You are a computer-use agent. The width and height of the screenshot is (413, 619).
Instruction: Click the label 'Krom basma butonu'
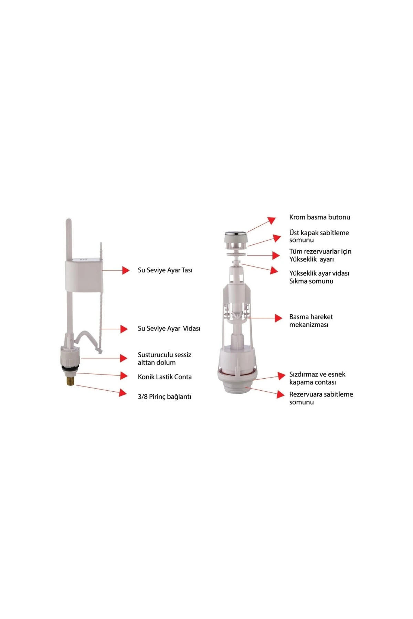[319, 217]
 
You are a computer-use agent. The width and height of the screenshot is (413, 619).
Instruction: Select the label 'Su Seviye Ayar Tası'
[165, 270]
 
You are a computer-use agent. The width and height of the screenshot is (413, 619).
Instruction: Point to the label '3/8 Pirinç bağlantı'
[164, 397]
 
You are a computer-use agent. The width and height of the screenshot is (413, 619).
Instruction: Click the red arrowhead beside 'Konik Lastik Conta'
[124, 376]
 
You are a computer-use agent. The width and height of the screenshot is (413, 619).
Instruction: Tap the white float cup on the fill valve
[84, 275]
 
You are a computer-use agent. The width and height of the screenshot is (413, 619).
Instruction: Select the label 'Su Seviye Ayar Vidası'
[169, 329]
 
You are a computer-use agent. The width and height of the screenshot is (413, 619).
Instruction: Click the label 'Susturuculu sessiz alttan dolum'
[165, 359]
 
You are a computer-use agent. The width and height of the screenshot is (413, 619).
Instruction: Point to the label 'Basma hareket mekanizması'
[311, 321]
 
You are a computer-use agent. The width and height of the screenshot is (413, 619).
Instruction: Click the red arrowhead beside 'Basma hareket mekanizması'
[278, 318]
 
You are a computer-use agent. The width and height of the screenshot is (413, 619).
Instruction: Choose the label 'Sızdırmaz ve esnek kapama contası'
[317, 378]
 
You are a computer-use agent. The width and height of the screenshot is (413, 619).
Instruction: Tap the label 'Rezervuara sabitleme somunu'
[321, 398]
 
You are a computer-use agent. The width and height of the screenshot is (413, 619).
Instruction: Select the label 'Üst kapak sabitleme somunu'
[319, 236]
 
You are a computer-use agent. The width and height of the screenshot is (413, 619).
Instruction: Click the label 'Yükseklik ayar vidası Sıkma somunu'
[319, 277]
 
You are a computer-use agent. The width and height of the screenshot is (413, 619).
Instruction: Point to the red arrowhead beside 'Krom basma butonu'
[272, 220]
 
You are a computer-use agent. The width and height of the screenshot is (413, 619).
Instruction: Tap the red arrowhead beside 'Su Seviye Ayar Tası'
[125, 270]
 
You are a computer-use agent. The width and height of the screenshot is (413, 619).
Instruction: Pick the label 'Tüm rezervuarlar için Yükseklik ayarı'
[320, 256]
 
